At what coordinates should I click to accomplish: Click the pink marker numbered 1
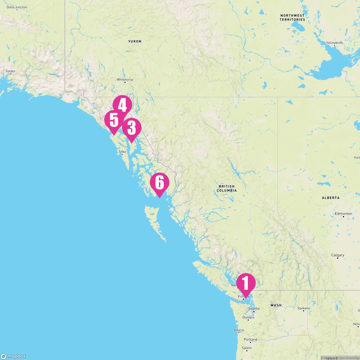246,283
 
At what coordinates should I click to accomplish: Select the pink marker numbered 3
131,128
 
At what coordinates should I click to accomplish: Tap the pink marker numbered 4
122,105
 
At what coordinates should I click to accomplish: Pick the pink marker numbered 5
114,120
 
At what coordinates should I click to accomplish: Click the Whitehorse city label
125,79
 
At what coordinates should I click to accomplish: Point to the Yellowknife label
334,43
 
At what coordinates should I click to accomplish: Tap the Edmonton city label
343,214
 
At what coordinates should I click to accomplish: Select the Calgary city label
337,255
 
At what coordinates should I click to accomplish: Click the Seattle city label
254,309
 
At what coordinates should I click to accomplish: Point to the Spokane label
304,308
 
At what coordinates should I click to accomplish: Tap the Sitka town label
122,152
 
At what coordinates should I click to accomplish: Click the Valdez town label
10,71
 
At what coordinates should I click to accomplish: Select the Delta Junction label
17,7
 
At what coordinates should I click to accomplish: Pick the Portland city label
250,340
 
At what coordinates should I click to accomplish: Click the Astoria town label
238,330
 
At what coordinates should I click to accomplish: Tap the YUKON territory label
135,41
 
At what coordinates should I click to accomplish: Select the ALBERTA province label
331,198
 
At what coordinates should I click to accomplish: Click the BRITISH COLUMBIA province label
226,188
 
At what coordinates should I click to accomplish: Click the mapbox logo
13,356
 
